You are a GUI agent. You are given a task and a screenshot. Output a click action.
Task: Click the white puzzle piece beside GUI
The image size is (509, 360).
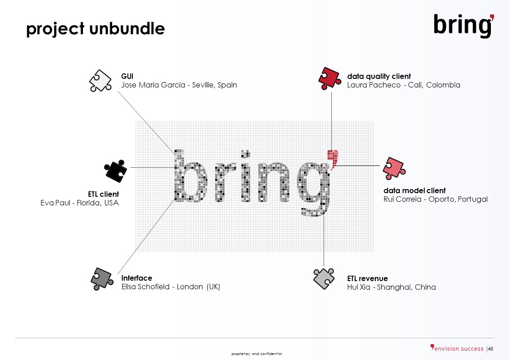100,81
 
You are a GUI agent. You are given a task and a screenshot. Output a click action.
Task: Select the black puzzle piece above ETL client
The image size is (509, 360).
116,171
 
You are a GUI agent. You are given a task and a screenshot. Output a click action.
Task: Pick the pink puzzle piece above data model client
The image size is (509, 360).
394,169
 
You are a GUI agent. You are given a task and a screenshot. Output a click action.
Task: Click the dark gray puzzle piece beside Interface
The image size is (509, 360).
102,279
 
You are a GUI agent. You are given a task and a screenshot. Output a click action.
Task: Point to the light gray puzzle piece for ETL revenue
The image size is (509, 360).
324,278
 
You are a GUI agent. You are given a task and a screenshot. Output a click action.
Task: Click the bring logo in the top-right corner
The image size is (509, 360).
464,25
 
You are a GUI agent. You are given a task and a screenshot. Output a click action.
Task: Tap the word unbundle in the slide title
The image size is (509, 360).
127,29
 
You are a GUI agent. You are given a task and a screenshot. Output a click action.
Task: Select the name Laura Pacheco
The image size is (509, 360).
373,85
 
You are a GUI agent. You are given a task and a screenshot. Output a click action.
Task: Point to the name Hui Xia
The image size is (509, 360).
359,287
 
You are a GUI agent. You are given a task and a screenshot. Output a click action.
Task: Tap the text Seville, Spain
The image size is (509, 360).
214,85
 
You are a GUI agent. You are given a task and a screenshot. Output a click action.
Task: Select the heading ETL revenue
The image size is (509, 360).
368,278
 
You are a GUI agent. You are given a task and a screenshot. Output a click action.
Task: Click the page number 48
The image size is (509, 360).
490,349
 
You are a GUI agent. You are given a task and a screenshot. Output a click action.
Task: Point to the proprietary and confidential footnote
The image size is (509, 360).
257,354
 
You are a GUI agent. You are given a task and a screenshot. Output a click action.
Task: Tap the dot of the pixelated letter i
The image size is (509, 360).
245,154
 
